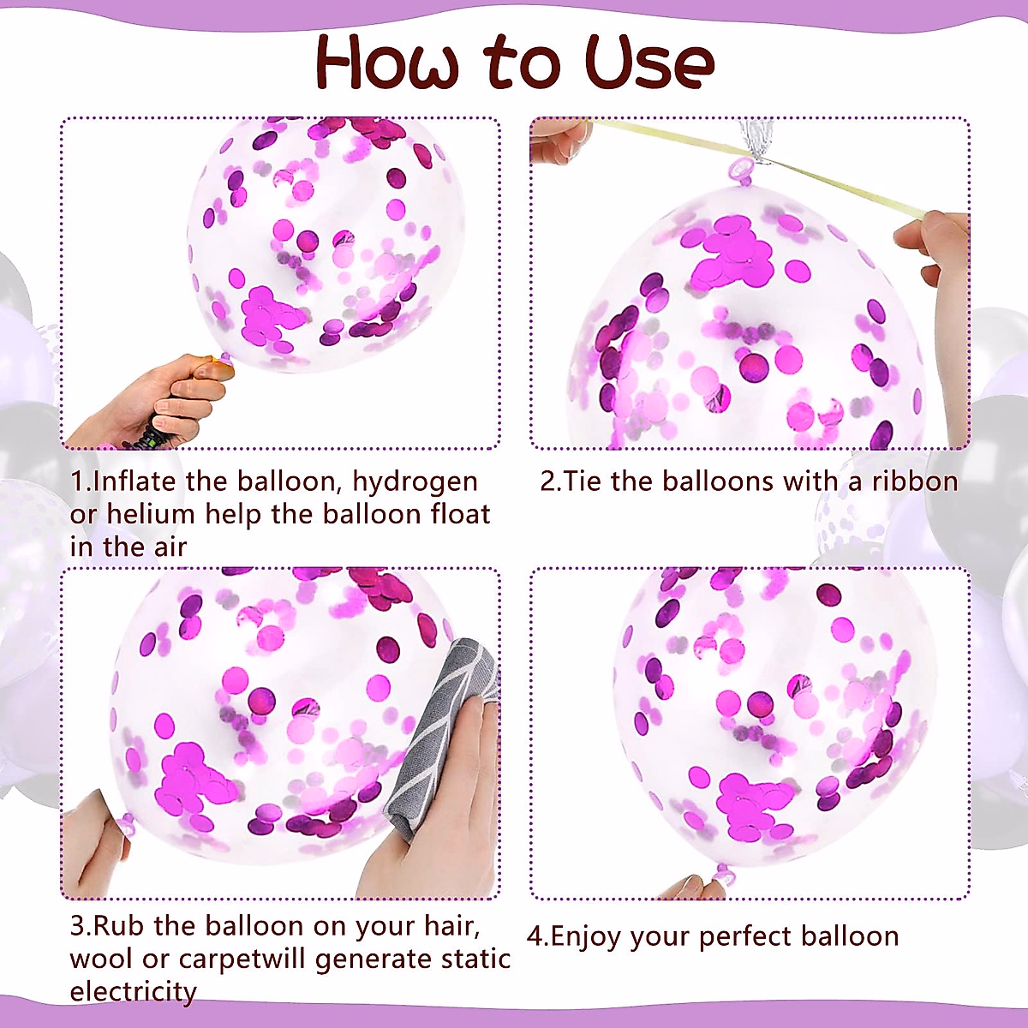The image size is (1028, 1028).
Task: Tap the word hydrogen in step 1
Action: [415, 482]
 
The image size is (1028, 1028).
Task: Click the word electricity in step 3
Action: [133, 992]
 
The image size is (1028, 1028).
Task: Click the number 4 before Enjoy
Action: [535, 936]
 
